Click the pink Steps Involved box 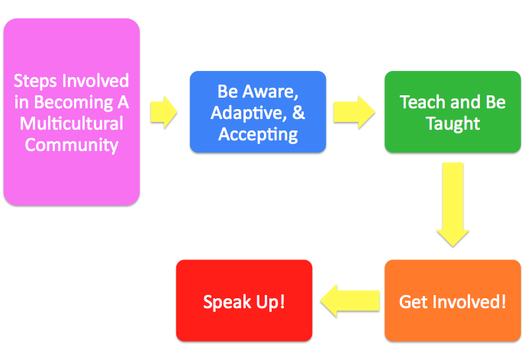pos(72,112)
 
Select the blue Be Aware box pos(258,112)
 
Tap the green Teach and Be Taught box pos(453,112)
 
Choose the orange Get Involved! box pos(453,301)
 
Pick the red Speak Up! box pos(244,301)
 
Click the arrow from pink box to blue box pos(164,112)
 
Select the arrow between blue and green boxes pos(354,112)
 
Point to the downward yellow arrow pos(453,204)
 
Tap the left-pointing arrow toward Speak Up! pos(350,301)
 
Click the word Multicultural pos(72,123)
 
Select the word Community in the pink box pos(72,145)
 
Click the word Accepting pos(258,135)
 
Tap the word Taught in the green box pos(453,124)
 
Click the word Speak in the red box pos(227,303)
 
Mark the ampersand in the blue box pos(298,112)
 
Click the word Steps pos(35,82)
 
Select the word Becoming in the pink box pos(74,102)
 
